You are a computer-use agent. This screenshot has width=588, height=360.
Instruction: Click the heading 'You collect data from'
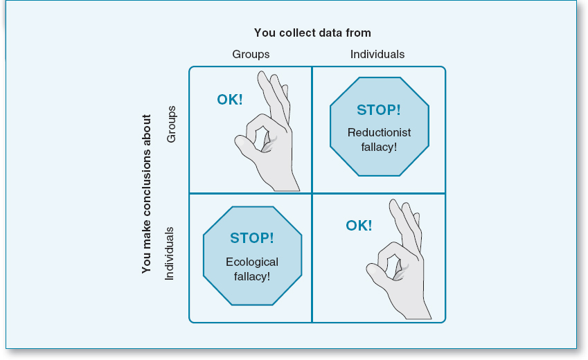click(x=312, y=33)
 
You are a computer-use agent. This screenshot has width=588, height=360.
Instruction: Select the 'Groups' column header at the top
click(x=251, y=54)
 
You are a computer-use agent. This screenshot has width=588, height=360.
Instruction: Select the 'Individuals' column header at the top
click(x=377, y=54)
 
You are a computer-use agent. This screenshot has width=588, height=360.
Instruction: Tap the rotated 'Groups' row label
click(x=172, y=124)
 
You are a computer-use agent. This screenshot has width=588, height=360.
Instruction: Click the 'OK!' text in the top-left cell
click(x=230, y=100)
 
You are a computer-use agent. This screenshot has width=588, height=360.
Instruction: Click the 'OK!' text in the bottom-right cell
click(x=359, y=226)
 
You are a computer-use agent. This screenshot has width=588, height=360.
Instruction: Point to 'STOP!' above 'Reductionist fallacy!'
click(x=379, y=110)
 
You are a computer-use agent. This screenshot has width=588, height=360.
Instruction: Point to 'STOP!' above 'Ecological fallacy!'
click(x=252, y=238)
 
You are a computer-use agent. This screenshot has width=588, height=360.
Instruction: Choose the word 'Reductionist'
click(x=379, y=132)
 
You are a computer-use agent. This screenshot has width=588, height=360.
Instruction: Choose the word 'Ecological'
click(x=252, y=262)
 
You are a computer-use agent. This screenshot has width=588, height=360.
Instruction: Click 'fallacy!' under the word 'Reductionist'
click(x=379, y=147)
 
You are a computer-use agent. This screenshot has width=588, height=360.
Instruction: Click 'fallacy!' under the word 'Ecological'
click(x=252, y=276)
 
